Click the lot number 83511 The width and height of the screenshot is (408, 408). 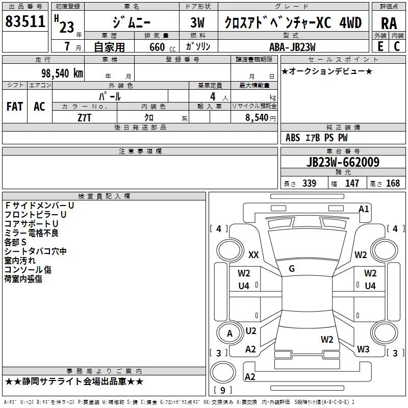tap(25, 21)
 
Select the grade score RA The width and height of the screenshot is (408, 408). tap(389, 23)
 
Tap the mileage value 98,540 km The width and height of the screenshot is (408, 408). tap(62, 73)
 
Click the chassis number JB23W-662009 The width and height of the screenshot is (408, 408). tap(343, 162)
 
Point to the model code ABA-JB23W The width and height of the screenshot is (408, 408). tap(292, 47)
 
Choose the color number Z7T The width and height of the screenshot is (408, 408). tap(84, 118)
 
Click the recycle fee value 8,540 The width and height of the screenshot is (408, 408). tap(257, 118)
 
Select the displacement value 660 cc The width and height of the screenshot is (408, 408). tap(162, 47)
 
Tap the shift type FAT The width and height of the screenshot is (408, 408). tap(15, 107)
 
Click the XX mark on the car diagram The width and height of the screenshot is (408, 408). tap(253, 254)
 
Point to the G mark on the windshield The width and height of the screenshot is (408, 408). tap(292, 269)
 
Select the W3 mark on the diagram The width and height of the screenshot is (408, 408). tap(363, 349)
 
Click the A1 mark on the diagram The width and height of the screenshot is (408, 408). tap(364, 209)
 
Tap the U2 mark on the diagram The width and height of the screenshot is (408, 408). tap(251, 330)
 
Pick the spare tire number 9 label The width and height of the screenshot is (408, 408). tap(222, 390)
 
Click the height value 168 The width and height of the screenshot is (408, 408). tap(393, 183)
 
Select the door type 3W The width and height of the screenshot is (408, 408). tap(197, 22)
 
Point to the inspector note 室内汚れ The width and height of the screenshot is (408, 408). tap(20, 261)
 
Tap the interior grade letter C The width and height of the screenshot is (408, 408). tap(397, 46)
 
